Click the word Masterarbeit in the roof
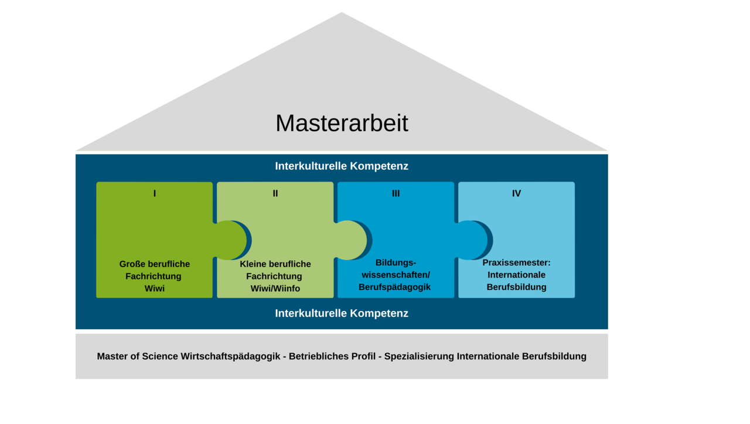click(342, 123)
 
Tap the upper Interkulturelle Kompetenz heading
click(342, 166)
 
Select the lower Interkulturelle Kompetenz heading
click(342, 313)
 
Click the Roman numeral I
click(155, 193)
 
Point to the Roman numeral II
click(275, 193)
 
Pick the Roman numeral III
click(396, 193)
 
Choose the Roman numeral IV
click(516, 193)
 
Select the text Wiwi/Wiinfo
click(275, 289)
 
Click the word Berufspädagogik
click(394, 287)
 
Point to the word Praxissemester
click(514, 263)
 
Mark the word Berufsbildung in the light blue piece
click(516, 287)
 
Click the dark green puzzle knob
click(231, 240)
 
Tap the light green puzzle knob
click(352, 240)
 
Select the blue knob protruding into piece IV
click(472, 240)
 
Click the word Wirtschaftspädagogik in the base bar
click(230, 357)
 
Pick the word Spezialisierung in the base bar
click(419, 357)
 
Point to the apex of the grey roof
click(342, 13)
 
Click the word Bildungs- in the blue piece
click(396, 263)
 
